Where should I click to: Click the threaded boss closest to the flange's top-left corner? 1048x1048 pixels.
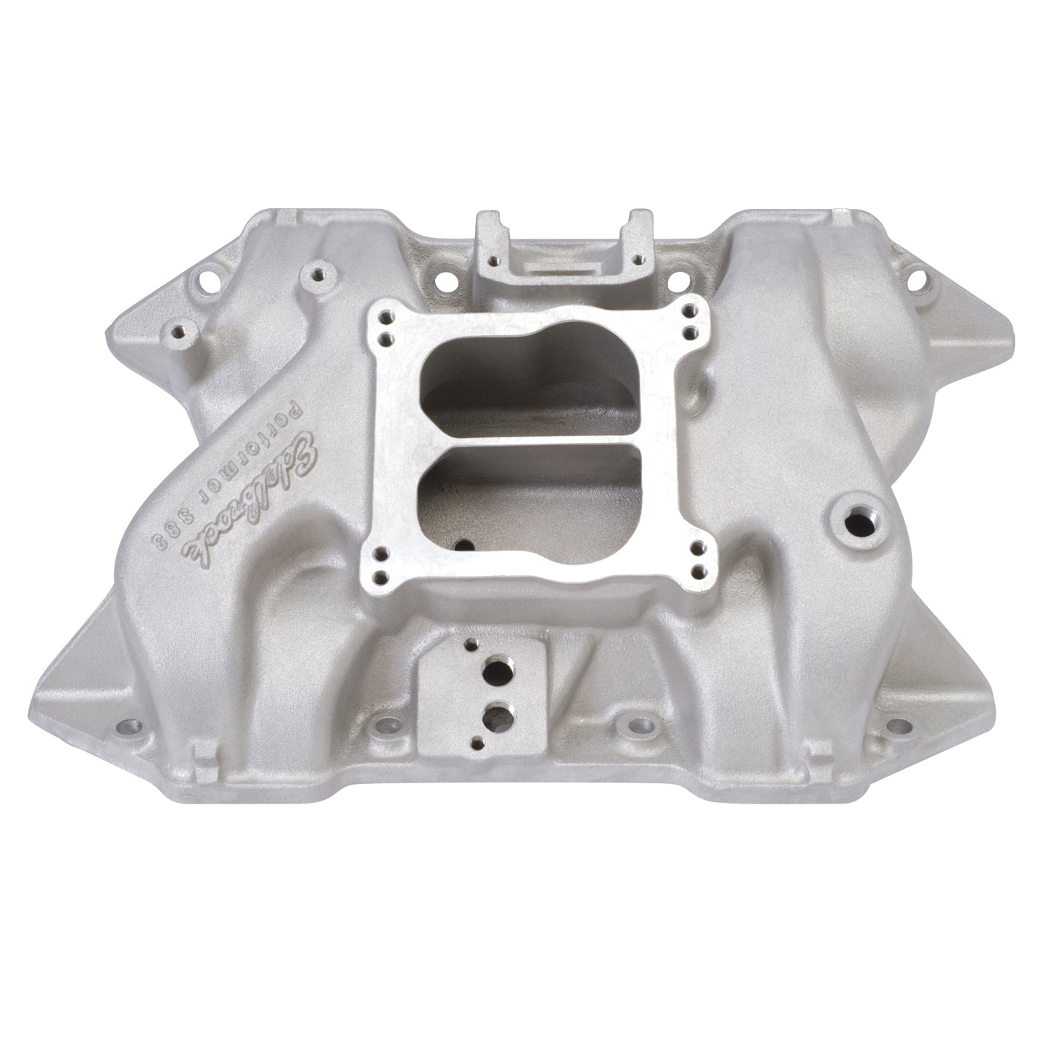coord(317,276)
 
